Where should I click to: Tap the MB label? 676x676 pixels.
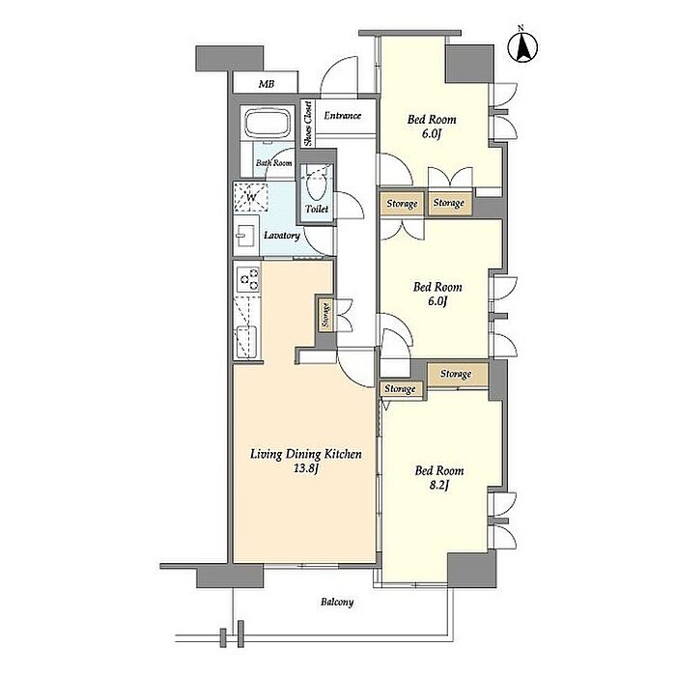pyautogui.click(x=267, y=84)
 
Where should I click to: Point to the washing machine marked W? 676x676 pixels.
pyautogui.click(x=250, y=197)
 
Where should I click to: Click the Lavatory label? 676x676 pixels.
pyautogui.click(x=282, y=236)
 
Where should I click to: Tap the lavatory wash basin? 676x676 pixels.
pyautogui.click(x=246, y=236)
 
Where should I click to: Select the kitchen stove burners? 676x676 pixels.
pyautogui.click(x=249, y=279)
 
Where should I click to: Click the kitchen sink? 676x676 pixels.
pyautogui.click(x=246, y=342)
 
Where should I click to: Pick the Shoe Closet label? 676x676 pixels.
pyautogui.click(x=308, y=124)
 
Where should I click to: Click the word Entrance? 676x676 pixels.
pyautogui.click(x=343, y=116)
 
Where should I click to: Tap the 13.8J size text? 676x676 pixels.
pyautogui.click(x=306, y=468)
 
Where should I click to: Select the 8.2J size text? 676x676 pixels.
pyautogui.click(x=439, y=486)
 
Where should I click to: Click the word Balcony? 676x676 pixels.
pyautogui.click(x=337, y=602)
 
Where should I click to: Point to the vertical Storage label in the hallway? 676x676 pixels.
pyautogui.click(x=326, y=316)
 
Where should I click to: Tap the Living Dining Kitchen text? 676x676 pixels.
pyautogui.click(x=306, y=454)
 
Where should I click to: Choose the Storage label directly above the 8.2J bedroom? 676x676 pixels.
pyautogui.click(x=456, y=374)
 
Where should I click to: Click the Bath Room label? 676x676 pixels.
pyautogui.click(x=273, y=163)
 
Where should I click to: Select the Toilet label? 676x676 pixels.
pyautogui.click(x=317, y=210)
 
